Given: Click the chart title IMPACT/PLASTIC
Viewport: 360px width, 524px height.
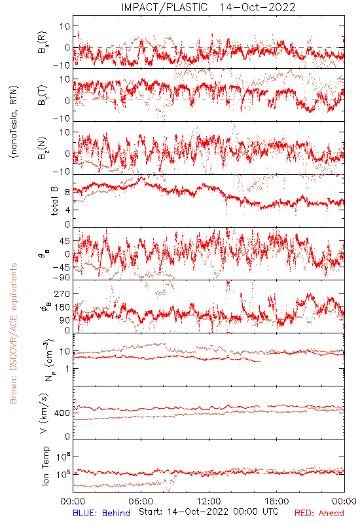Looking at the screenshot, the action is click(x=164, y=7).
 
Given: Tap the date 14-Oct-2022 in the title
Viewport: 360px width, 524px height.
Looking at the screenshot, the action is click(x=257, y=7).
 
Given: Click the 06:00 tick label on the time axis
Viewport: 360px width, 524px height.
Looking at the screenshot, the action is click(x=141, y=501).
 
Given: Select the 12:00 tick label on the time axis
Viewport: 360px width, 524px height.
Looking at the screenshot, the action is click(x=209, y=501).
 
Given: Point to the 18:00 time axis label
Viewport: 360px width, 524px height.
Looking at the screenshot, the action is click(x=276, y=501).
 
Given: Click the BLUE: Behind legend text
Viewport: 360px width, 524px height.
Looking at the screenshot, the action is click(x=101, y=513).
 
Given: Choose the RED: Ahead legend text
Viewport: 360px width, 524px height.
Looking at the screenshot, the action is click(x=319, y=513).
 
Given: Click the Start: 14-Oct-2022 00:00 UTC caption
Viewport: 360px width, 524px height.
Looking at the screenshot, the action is click(x=209, y=512).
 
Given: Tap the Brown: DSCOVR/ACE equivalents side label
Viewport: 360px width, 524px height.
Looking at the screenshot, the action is click(x=13, y=333).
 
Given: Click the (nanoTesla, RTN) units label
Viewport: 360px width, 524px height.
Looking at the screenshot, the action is click(x=14, y=122).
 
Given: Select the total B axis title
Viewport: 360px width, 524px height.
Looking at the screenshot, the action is click(x=54, y=201).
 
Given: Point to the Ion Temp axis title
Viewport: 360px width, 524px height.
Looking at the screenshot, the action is click(x=45, y=466).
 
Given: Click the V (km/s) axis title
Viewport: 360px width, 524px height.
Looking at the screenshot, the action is click(x=45, y=413).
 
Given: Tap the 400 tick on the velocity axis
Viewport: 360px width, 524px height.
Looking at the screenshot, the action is click(x=62, y=413).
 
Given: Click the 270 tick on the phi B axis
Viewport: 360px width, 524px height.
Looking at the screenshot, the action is click(x=62, y=293).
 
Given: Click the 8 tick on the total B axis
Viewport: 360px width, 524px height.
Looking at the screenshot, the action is click(x=67, y=192).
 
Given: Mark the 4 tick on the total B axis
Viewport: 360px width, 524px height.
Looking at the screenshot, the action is click(x=67, y=210).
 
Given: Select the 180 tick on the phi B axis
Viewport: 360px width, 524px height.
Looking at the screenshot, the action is click(x=62, y=307).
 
